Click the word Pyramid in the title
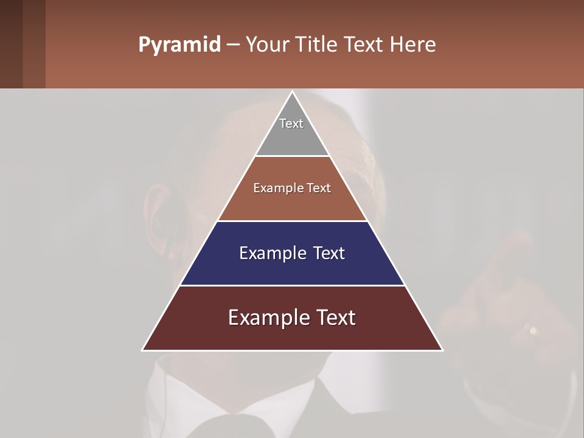(179, 45)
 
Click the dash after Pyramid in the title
(232, 45)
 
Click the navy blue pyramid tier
(292, 268)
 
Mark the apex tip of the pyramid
(292, 92)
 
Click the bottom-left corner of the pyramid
(143, 350)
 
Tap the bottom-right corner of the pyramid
(442, 350)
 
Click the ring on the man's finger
(534, 330)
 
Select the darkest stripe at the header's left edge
(11, 44)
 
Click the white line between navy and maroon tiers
(292, 285)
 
